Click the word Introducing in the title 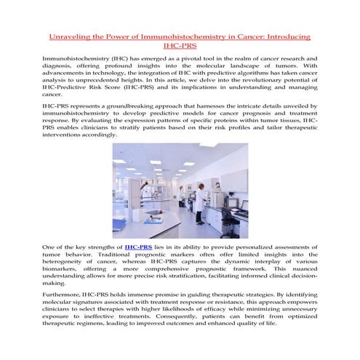click(284, 36)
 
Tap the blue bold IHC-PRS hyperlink click(138, 247)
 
